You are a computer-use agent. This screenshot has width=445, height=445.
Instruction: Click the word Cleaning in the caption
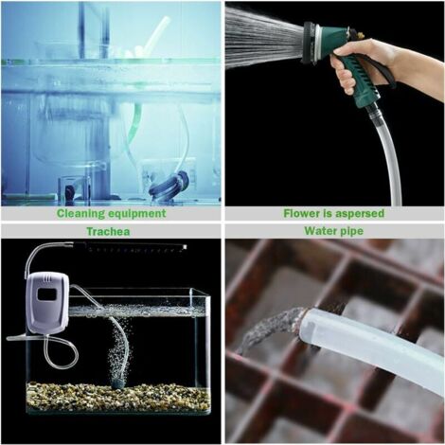[83, 213]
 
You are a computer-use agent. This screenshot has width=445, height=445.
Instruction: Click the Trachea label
[112, 230]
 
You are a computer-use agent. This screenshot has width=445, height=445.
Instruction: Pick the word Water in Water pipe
[320, 230]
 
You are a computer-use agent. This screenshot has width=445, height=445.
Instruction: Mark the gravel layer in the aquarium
[118, 396]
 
